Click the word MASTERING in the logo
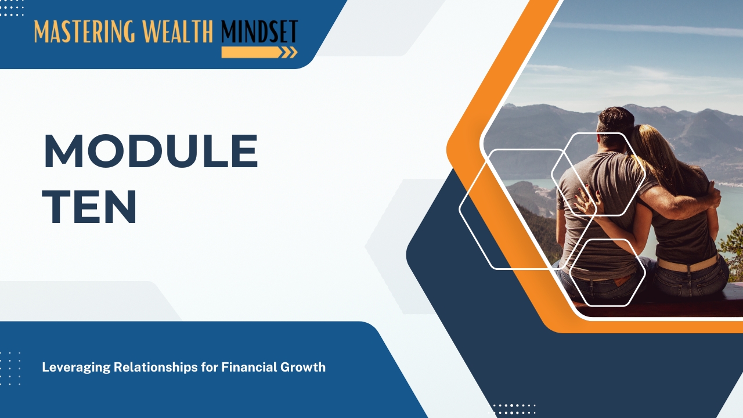click(85, 31)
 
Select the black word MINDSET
click(259, 31)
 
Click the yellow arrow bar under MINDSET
click(259, 52)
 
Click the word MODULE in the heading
click(151, 152)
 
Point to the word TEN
click(89, 207)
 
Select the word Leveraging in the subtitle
click(76, 367)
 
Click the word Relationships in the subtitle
click(156, 367)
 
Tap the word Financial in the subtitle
click(249, 367)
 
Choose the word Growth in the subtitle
click(303, 367)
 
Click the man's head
click(615, 126)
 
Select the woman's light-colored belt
click(688, 264)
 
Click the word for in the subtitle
click(210, 367)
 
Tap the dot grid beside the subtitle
click(10, 368)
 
